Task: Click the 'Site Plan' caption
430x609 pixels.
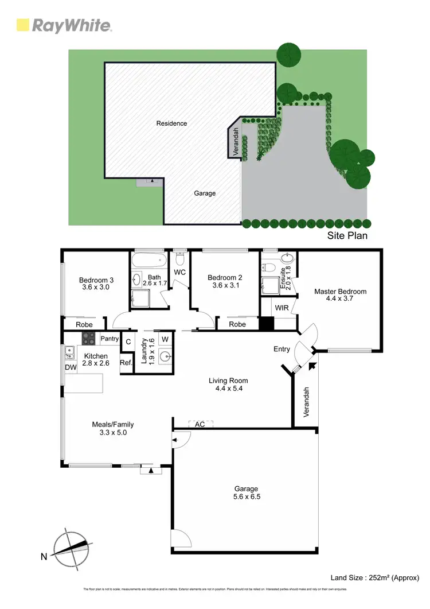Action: pos(347,235)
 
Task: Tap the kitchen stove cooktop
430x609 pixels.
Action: pos(88,338)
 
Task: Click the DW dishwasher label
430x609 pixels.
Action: pos(71,367)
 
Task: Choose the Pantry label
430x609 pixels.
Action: pos(110,339)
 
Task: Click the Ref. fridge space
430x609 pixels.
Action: pos(126,362)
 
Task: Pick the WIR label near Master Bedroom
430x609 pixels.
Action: pos(282,308)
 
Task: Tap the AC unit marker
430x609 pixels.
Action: pos(200,424)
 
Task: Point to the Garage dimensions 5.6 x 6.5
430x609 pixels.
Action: pos(245,497)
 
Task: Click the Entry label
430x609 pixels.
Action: pos(282,348)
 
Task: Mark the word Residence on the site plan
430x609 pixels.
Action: pos(171,123)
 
